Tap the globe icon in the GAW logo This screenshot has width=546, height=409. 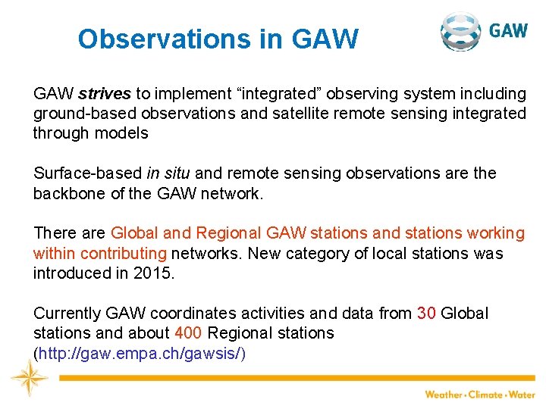(460, 31)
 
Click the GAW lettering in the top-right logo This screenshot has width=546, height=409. (508, 31)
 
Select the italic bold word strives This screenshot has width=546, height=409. (105, 94)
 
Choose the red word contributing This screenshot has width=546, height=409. (124, 253)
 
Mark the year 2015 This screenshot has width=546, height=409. (156, 273)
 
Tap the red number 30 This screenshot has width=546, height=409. (426, 313)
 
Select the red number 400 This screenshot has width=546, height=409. (188, 333)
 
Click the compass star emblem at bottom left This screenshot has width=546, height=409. (29, 377)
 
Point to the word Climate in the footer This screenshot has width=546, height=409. (485, 395)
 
